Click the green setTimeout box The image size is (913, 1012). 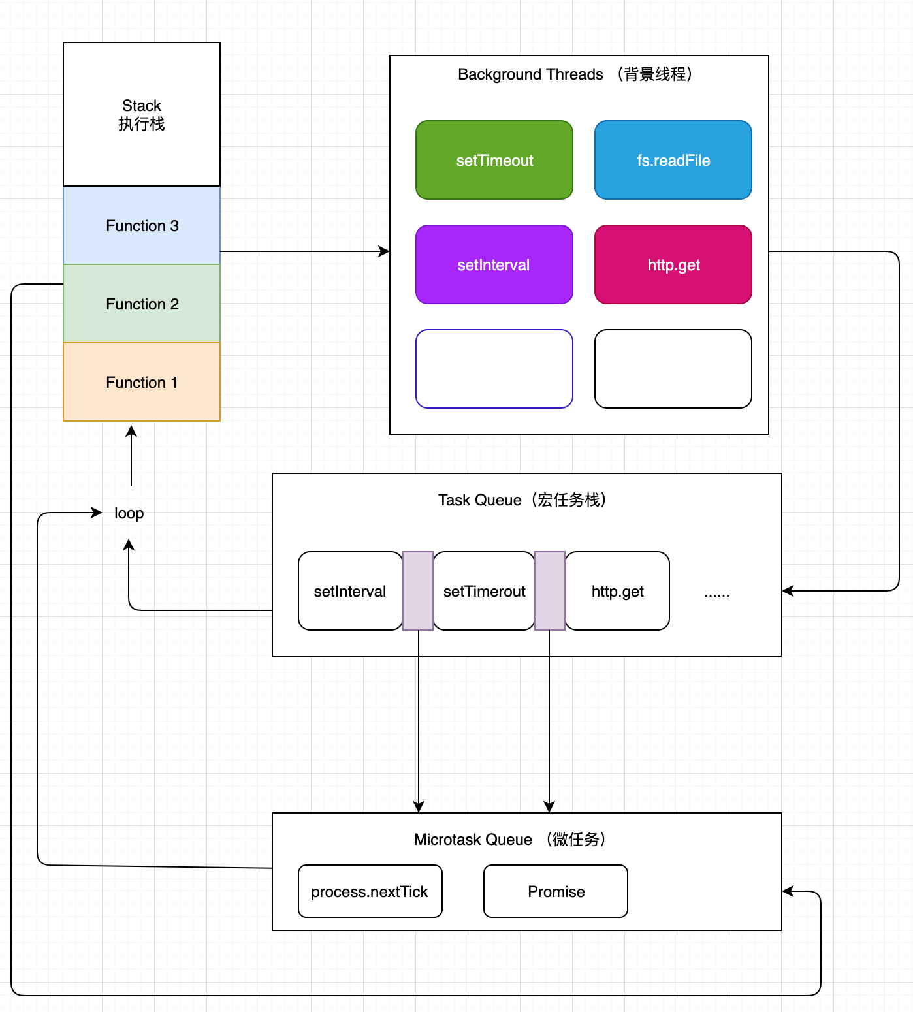click(494, 160)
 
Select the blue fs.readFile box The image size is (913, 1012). click(673, 160)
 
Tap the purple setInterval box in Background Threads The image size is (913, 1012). click(494, 264)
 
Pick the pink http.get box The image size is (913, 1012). click(673, 264)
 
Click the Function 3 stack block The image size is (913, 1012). click(142, 225)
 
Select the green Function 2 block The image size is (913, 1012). click(142, 304)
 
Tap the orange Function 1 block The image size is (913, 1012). click(142, 382)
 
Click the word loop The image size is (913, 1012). click(129, 513)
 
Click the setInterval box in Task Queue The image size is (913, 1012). click(350, 591)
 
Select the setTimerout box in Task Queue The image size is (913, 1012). click(484, 591)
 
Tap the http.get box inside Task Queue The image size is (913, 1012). click(617, 591)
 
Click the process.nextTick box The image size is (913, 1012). click(370, 891)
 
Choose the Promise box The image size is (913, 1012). click(556, 891)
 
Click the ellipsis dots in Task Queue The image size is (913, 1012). click(716, 593)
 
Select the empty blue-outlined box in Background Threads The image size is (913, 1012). click(494, 369)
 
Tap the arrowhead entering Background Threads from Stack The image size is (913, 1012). click(385, 251)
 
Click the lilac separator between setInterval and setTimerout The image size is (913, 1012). click(418, 591)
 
